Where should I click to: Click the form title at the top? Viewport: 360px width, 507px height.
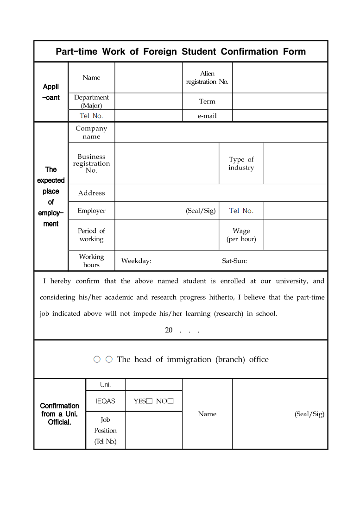click(181, 51)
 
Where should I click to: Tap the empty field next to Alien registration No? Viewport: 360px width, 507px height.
click(279, 78)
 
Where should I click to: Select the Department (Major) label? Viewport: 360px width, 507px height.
click(91, 101)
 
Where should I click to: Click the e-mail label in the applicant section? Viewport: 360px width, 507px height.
click(207, 116)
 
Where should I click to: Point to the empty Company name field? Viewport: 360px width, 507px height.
click(221, 132)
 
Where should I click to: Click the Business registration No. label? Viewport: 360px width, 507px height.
click(91, 163)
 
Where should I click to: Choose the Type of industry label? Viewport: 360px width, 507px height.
click(241, 163)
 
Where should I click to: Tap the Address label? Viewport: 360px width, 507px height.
click(91, 193)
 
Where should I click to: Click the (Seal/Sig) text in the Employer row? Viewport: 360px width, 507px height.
click(201, 211)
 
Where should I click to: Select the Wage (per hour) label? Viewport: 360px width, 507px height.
click(241, 235)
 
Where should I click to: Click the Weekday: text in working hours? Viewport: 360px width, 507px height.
click(136, 261)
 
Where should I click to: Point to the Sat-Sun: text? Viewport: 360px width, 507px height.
click(234, 261)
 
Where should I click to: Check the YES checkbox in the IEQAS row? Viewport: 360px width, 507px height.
click(150, 401)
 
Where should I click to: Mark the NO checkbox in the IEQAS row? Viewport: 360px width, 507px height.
click(171, 401)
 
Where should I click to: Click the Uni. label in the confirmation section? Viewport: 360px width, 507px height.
click(105, 385)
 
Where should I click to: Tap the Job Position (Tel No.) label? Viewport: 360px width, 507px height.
click(105, 430)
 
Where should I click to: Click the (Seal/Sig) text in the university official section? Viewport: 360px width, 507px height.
click(309, 414)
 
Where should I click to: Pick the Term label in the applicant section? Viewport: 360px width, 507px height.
click(207, 101)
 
